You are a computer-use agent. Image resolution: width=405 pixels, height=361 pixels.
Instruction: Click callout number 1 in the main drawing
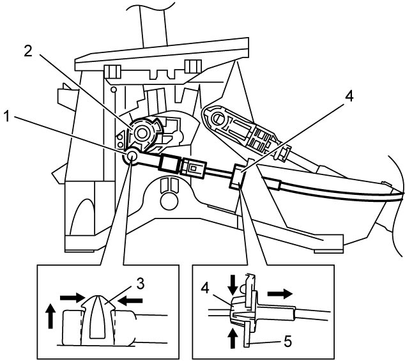click(x=7, y=117)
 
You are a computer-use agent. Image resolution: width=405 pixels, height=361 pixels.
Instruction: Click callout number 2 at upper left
click(x=28, y=51)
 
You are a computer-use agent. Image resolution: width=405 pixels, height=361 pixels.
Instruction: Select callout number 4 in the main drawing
click(x=348, y=96)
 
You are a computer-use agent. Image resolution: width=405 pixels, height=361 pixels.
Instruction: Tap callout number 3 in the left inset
click(x=140, y=284)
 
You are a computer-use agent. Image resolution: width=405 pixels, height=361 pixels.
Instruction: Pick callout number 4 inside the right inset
click(x=205, y=288)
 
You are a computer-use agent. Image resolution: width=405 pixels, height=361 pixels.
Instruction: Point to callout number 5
click(x=288, y=342)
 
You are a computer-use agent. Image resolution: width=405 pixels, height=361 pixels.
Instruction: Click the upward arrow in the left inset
click(x=50, y=316)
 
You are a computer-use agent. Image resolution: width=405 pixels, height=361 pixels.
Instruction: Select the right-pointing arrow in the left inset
click(x=72, y=298)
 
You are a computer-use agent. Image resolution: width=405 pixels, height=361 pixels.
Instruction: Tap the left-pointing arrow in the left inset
click(x=130, y=300)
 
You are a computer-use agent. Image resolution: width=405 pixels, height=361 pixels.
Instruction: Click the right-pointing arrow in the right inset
click(x=280, y=294)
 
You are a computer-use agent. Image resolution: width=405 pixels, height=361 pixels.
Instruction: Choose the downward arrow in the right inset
click(x=233, y=285)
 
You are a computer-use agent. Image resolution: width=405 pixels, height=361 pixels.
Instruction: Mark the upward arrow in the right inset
click(x=233, y=338)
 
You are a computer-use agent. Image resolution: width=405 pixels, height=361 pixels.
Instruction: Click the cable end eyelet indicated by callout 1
click(x=132, y=155)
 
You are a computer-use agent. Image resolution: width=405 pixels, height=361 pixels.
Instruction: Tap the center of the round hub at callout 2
click(x=141, y=134)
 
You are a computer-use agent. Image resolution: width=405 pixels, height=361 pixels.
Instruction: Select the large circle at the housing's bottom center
click(x=169, y=201)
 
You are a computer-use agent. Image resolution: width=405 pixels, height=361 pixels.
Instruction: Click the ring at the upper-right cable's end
click(x=217, y=118)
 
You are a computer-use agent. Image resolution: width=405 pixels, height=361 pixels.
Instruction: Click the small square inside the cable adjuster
click(x=193, y=169)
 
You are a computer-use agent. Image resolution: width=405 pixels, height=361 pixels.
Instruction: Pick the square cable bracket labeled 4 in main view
click(x=237, y=176)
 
